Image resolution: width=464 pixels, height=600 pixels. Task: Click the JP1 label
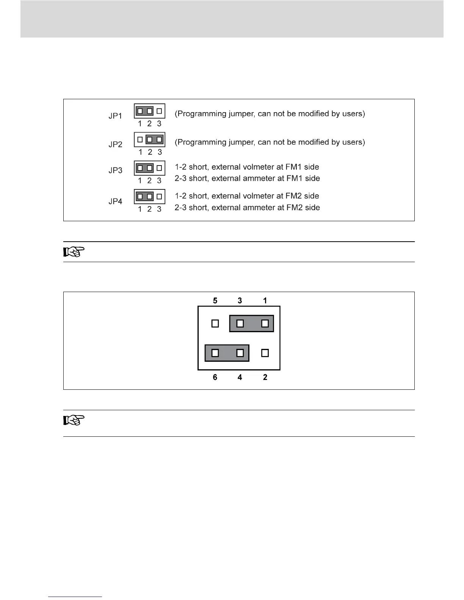click(115, 116)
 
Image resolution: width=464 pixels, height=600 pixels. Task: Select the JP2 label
click(115, 144)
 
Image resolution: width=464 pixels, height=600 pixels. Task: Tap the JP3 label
click(115, 170)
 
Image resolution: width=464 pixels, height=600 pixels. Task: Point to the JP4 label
click(115, 202)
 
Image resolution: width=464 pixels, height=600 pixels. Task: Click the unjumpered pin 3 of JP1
click(159, 111)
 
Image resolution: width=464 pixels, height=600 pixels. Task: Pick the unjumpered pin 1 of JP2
click(140, 140)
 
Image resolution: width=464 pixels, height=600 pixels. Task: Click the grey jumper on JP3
click(144, 168)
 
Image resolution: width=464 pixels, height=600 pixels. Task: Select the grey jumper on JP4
click(144, 197)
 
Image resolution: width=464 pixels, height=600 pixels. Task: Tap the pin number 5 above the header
click(215, 300)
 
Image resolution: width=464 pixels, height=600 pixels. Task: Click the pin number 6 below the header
click(215, 377)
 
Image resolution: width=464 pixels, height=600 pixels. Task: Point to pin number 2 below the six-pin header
click(265, 377)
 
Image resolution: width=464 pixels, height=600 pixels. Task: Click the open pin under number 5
click(215, 323)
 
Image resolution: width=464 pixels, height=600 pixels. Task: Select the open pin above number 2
click(265, 353)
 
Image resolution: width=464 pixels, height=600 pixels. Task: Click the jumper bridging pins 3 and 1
click(251, 323)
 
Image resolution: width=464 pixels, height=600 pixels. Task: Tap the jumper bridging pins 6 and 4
click(227, 353)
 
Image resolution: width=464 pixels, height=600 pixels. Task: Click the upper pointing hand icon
click(74, 252)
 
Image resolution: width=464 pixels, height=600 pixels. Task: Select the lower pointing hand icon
click(74, 420)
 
